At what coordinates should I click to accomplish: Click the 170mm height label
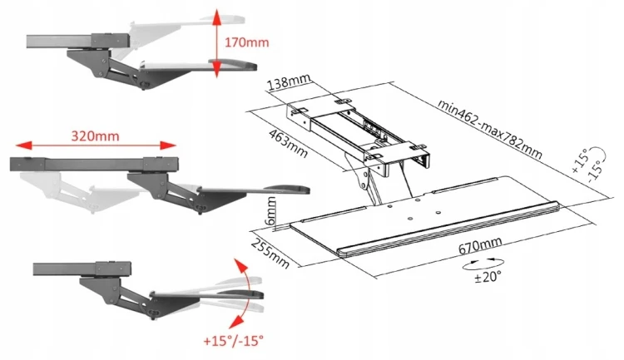pos(247,42)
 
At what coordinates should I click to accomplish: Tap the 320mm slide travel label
pos(95,136)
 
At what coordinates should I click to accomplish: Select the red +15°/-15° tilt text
pos(233,341)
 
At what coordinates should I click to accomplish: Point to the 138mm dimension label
pos(289,82)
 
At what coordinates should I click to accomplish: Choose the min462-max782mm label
pos(490,129)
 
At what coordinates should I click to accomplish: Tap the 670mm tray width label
pos(480,245)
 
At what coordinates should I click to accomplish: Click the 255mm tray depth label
pos(270,253)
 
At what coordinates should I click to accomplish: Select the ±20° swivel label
pos(488,276)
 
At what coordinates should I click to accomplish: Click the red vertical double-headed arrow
pos(216,44)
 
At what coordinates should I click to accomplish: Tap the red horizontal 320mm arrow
pos(96,145)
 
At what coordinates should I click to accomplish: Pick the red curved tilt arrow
pos(245,294)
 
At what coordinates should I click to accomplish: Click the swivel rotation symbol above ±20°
pos(483,263)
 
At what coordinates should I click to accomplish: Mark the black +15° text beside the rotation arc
pos(579,160)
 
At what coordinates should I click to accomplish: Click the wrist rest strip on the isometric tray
pos(448,229)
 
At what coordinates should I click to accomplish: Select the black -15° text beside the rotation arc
pos(594,171)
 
